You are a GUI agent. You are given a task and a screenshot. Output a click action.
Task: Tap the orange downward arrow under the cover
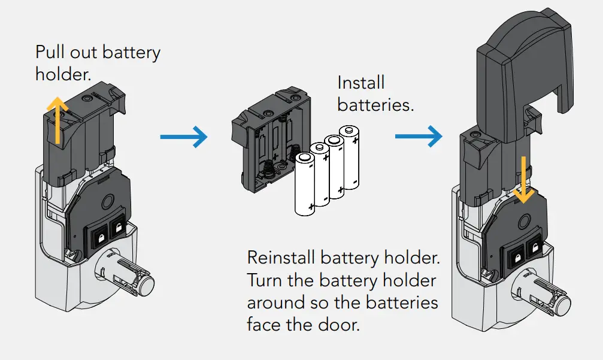click(523, 180)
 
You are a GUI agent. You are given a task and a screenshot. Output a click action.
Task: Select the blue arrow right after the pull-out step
click(183, 138)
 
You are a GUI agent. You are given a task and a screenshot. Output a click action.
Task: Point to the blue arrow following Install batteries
click(418, 137)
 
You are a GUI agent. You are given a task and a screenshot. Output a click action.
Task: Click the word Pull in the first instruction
click(48, 52)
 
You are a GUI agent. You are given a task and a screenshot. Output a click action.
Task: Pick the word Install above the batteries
click(361, 83)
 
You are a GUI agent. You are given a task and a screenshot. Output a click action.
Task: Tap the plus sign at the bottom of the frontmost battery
click(311, 207)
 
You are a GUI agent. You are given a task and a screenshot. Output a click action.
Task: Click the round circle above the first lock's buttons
click(111, 201)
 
